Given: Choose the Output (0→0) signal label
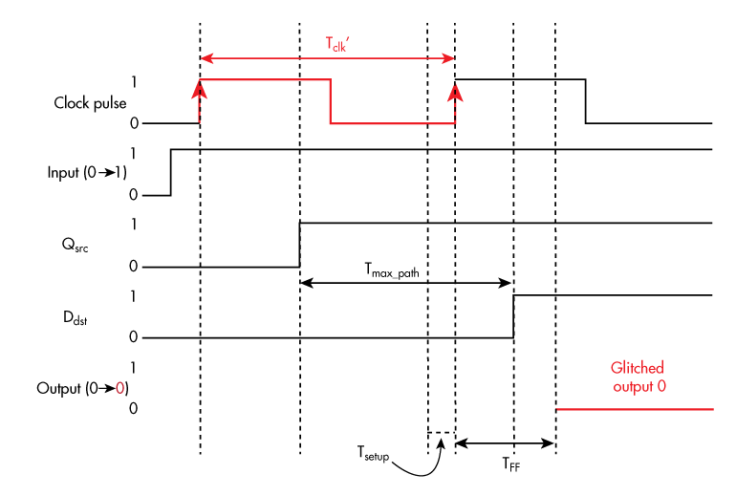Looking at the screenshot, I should (x=82, y=388).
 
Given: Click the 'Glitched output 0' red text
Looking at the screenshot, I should (x=637, y=377).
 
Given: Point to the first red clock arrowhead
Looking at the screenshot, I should (x=200, y=89).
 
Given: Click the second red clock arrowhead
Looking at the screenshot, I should (x=455, y=89).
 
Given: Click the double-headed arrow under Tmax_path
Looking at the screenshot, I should (x=406, y=283).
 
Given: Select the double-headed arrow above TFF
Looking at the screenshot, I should (x=505, y=442).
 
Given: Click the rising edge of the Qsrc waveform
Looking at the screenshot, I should (x=300, y=244).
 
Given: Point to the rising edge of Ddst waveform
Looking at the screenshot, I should (x=514, y=316).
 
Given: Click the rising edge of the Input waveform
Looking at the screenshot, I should (x=171, y=172).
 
